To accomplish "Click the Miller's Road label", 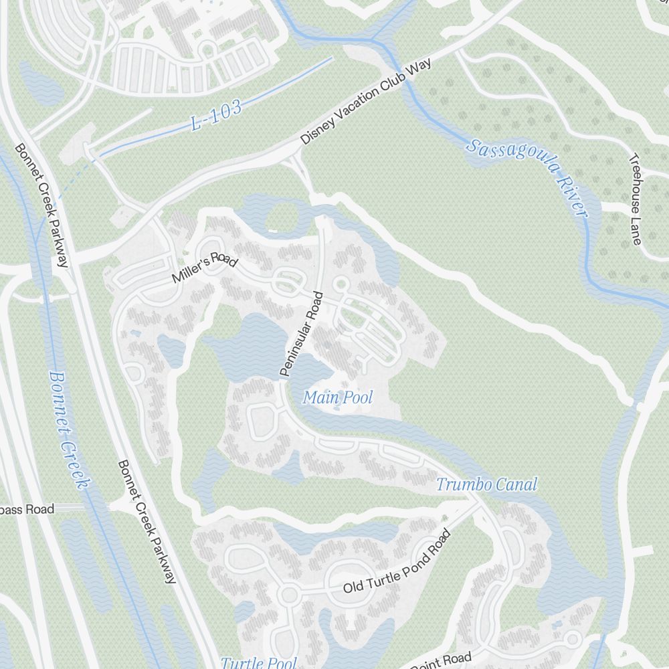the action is (x=204, y=267).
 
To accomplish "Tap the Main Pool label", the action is (x=337, y=398).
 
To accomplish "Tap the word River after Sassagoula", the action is (x=569, y=193).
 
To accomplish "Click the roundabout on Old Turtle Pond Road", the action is (x=288, y=594).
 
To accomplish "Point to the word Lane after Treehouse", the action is (x=636, y=231).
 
